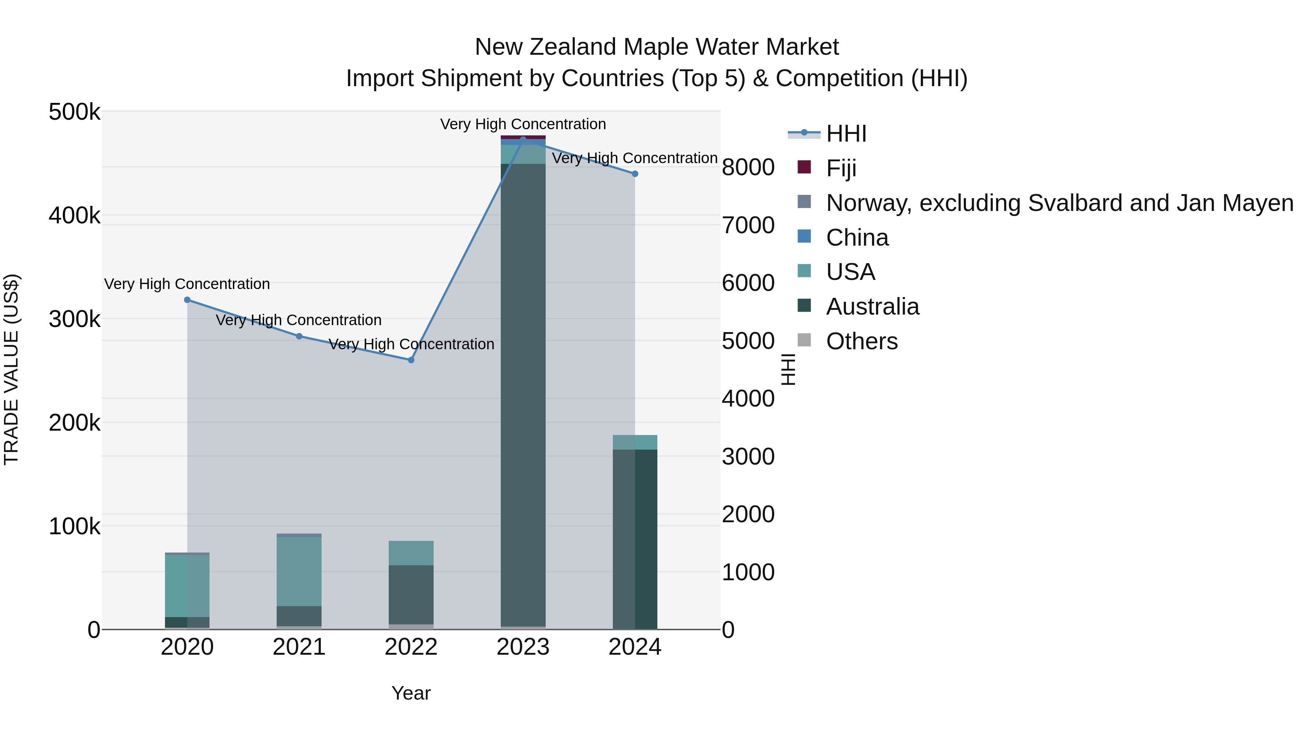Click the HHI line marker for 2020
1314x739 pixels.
[187, 300]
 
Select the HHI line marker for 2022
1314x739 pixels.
[411, 360]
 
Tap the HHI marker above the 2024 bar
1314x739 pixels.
[635, 174]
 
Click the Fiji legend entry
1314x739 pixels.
[841, 168]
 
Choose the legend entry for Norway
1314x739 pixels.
[1059, 203]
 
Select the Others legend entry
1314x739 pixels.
[861, 341]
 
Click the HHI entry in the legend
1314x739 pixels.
[846, 134]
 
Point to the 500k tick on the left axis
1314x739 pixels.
[74, 112]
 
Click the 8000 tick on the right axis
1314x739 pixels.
[748, 167]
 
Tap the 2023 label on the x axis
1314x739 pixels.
[523, 647]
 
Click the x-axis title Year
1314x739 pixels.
[411, 693]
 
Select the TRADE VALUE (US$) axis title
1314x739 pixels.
[12, 369]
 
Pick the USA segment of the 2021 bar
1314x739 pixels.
[299, 571]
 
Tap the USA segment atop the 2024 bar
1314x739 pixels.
[635, 442]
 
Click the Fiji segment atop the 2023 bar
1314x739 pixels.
[523, 137]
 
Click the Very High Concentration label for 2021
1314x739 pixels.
[299, 320]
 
